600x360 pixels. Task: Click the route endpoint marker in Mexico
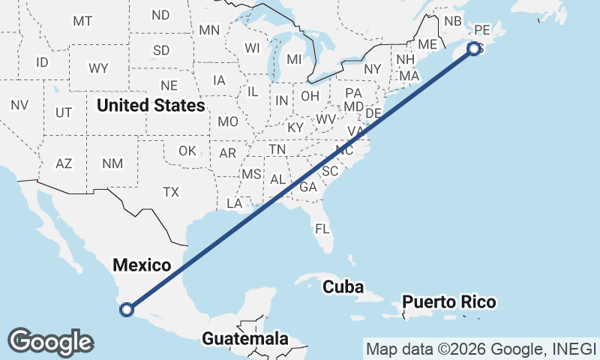click(x=127, y=308)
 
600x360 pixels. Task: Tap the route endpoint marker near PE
click(x=474, y=49)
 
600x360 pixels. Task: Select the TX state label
click(x=171, y=192)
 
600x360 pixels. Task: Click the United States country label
click(x=151, y=106)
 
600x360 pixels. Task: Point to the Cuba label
click(x=343, y=286)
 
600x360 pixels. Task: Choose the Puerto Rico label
click(x=448, y=302)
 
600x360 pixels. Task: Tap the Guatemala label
click(x=245, y=338)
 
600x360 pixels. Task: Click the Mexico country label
click(x=142, y=264)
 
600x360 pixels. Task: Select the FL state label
click(x=322, y=229)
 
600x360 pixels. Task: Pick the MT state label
click(x=82, y=21)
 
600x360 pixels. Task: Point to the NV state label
click(x=19, y=106)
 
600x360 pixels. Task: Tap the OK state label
click(x=187, y=151)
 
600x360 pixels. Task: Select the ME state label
click(x=427, y=44)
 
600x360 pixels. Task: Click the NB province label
click(x=453, y=21)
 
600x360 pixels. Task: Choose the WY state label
click(x=98, y=68)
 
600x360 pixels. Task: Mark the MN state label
click(x=209, y=31)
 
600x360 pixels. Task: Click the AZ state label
click(x=64, y=163)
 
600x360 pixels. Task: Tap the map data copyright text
click(x=481, y=348)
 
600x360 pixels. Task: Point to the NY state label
click(x=373, y=69)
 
